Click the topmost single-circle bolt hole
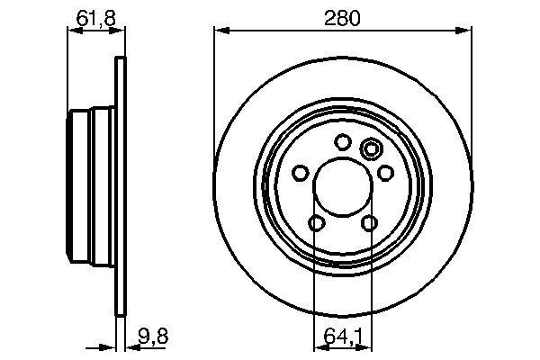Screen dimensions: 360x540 342,141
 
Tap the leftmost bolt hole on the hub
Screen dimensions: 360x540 300,173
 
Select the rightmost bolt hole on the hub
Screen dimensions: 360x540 385,173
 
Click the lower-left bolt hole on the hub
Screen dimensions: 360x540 316,223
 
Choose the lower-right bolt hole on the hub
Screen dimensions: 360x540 369,223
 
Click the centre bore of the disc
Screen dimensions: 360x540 342,187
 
